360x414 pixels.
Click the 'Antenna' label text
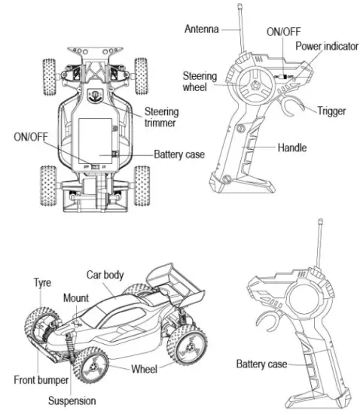[x=201, y=29]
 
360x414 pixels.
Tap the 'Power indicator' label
[x=325, y=46]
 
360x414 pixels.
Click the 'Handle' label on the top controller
[x=291, y=148]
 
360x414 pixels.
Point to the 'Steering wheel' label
[x=200, y=81]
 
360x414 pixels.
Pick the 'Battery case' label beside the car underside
[x=179, y=154]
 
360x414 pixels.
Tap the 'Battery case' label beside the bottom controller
[x=261, y=364]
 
